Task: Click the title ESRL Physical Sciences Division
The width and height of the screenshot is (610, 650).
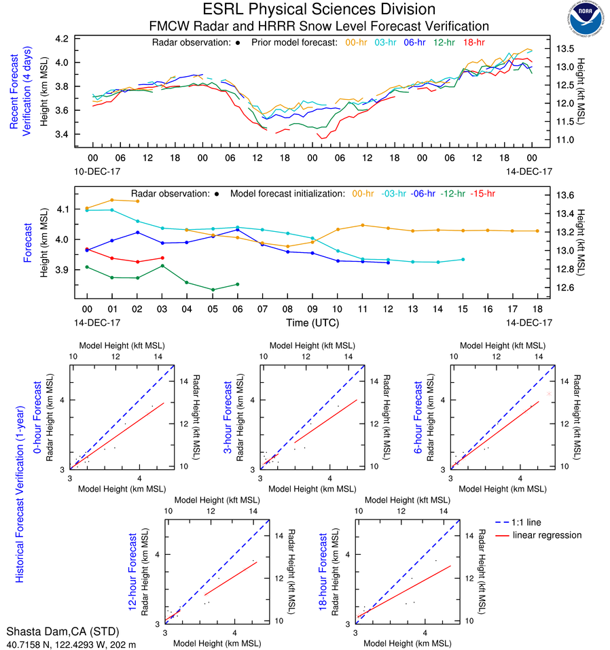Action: pos(319,10)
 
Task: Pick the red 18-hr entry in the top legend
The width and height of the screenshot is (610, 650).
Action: pos(475,42)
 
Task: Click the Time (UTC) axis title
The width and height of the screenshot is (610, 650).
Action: pos(312,322)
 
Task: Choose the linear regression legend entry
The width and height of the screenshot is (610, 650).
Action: pos(548,535)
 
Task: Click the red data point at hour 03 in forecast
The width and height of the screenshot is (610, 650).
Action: pos(162,258)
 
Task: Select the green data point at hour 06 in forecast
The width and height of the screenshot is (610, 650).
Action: pos(237,284)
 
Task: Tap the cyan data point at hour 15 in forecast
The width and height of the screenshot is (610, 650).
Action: pos(463,259)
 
